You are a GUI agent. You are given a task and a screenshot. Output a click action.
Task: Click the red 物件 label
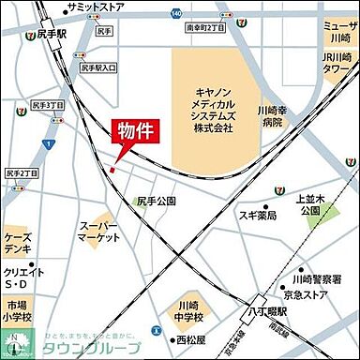tap(135, 131)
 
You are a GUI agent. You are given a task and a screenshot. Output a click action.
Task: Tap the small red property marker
tap(112, 170)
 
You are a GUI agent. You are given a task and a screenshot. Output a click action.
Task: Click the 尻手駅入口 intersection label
tap(97, 67)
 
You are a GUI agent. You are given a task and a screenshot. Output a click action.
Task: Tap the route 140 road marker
tap(176, 14)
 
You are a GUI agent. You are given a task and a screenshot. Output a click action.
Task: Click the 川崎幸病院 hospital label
tap(273, 114)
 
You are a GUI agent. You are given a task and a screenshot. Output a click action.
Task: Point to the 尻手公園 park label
tap(157, 201)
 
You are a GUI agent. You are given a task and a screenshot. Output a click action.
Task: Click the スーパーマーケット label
tap(98, 232)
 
